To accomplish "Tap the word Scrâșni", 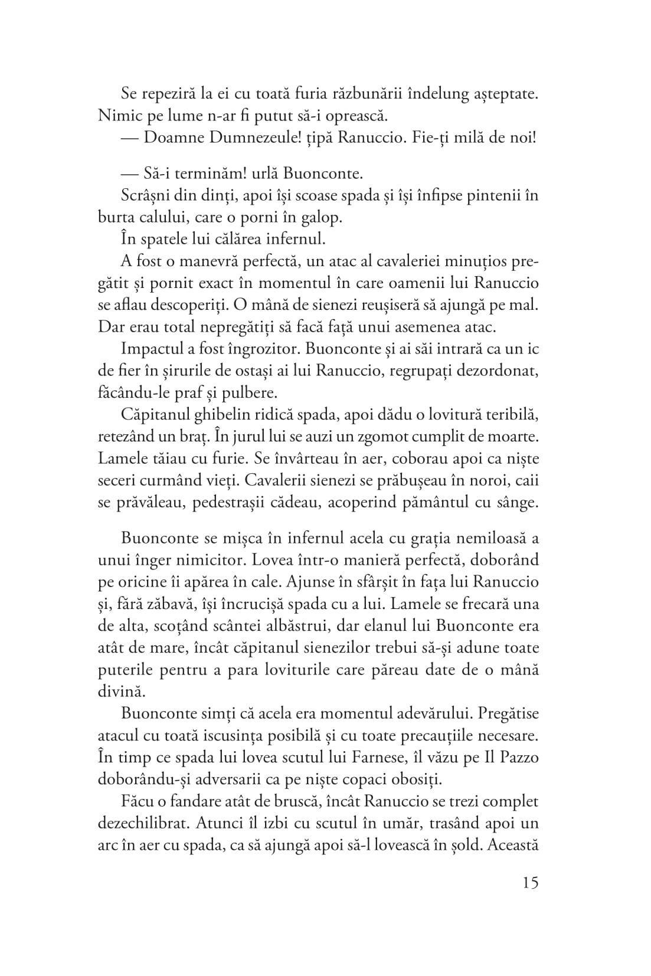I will (145, 196).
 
